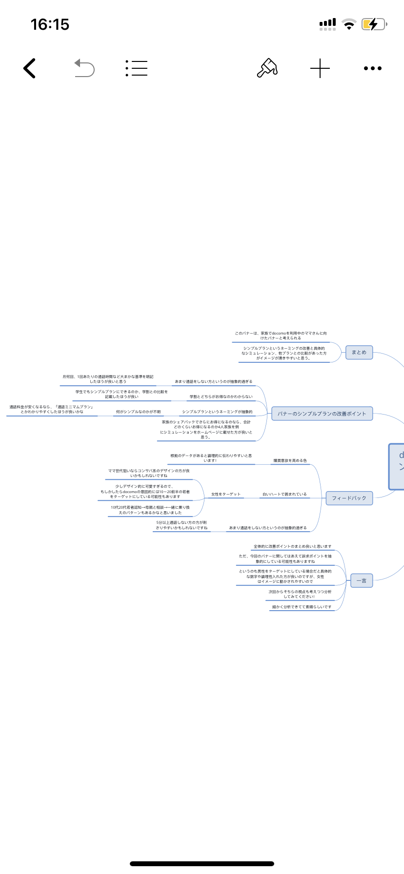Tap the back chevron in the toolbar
pos(30,68)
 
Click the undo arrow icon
pos(84,68)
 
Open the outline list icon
pos(137,68)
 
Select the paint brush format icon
pos(267,68)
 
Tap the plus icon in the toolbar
pos(320,68)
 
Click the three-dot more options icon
pos(373,68)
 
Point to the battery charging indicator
pos(374,24)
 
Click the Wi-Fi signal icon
pos(349,24)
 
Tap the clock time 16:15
pos(50,24)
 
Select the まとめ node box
pos(359,352)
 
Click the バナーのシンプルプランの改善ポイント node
pos(322,414)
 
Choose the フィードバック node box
pos(349,498)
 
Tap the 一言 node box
pos(362,580)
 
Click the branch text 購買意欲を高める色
pos(290,460)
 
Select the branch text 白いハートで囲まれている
pos(284,494)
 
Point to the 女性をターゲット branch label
pos(226,494)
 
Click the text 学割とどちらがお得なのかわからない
pos(221,397)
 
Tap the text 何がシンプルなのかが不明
pos(138,412)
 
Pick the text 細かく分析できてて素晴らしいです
pos(302,607)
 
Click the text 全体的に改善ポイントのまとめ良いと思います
pos(292,546)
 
